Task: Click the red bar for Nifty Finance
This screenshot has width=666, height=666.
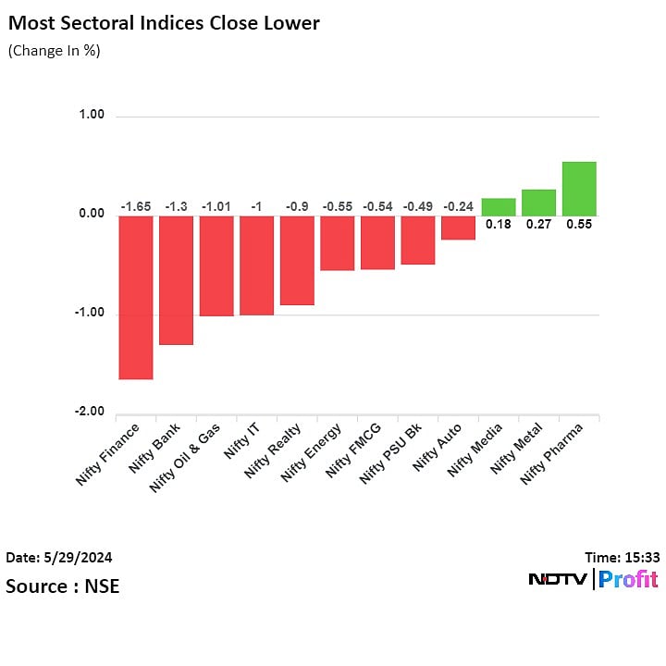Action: pos(135,297)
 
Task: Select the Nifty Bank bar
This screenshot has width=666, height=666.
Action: pos(176,279)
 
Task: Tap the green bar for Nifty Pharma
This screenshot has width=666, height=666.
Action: pos(579,189)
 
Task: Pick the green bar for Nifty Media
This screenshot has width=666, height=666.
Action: pos(499,206)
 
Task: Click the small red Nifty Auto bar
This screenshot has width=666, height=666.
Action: pos(458,228)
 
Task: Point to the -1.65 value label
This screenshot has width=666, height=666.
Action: pos(136,206)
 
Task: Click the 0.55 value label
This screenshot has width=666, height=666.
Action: pos(579,224)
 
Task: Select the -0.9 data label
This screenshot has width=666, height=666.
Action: pos(297,206)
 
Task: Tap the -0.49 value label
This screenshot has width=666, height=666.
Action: pos(418,206)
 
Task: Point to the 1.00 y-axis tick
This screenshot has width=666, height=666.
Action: pos(92,116)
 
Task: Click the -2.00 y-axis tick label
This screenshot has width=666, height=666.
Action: pos(91,413)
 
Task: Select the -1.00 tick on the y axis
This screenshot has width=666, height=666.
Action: pos(91,314)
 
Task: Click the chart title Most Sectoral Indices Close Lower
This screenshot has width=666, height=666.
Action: pos(164,23)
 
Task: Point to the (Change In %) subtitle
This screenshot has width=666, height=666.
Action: pos(54,51)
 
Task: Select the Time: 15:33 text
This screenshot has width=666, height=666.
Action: pos(622,558)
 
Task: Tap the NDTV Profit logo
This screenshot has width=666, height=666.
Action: pos(593,580)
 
